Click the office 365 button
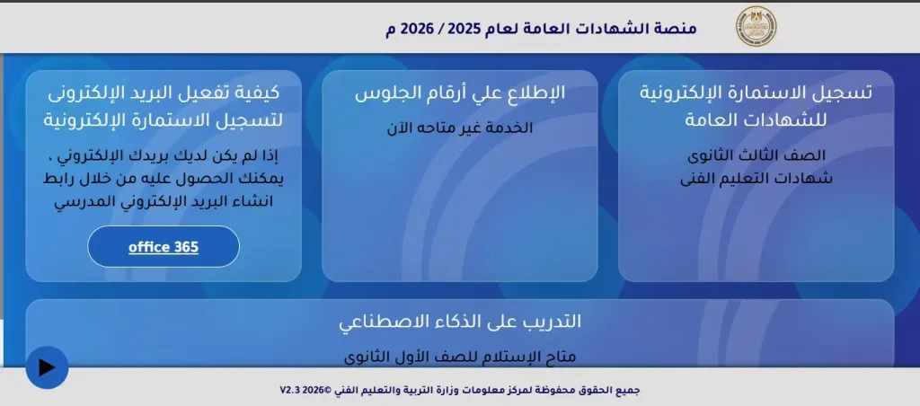(x=164, y=247)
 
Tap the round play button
(x=47, y=367)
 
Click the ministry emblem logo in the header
(x=756, y=27)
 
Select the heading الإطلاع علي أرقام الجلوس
(x=460, y=93)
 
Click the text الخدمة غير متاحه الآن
(x=460, y=128)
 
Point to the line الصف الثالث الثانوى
(x=756, y=155)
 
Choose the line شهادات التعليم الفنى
(x=756, y=178)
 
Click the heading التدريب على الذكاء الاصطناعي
(x=460, y=322)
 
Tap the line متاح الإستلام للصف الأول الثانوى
(x=460, y=356)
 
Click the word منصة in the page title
(x=677, y=28)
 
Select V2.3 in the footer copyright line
(x=291, y=391)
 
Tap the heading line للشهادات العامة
(x=756, y=119)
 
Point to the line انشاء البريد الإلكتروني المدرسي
(x=164, y=201)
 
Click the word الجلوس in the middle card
(x=383, y=93)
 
